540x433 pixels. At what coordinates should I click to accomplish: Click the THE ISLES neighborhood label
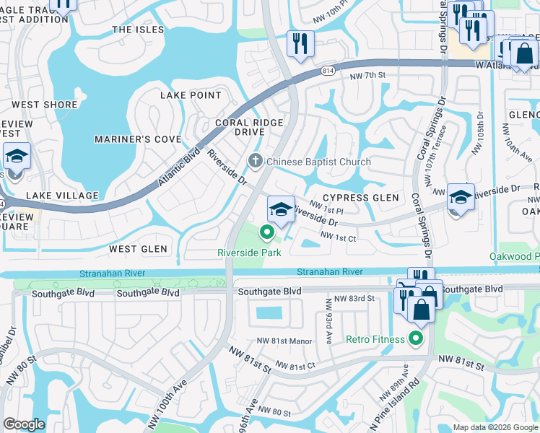[138, 30]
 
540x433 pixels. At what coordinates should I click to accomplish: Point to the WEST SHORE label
[45, 105]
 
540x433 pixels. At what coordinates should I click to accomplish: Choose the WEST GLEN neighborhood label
[138, 249]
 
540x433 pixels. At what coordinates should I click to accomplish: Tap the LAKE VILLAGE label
[62, 196]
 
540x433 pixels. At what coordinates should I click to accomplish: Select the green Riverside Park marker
[266, 232]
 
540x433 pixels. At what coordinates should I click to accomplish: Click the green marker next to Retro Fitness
[416, 338]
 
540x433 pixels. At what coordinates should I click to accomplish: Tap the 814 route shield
[328, 71]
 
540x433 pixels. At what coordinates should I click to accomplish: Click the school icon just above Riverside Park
[281, 210]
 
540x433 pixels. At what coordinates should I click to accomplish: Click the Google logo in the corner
[24, 424]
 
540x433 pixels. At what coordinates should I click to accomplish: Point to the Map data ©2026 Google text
[495, 427]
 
